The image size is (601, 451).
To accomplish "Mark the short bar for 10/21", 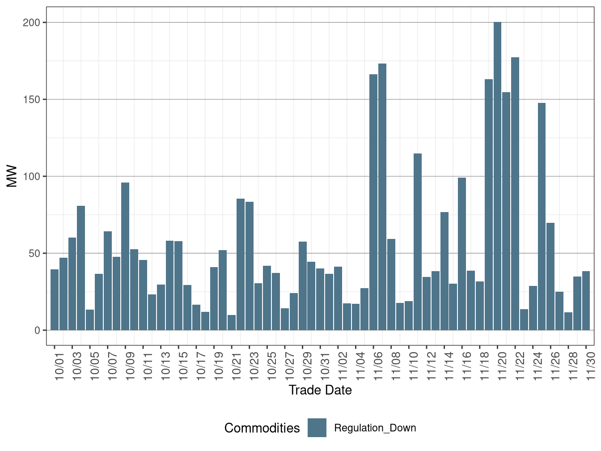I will pyautogui.click(x=232, y=323).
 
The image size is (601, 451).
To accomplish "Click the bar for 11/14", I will pyautogui.click(x=444, y=271).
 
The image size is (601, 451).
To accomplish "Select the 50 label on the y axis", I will pyautogui.click(x=34, y=253).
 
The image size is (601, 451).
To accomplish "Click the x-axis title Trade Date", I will pyautogui.click(x=320, y=390).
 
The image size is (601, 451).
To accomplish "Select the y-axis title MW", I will pyautogui.click(x=12, y=176).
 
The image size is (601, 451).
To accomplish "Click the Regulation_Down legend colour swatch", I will pyautogui.click(x=317, y=428).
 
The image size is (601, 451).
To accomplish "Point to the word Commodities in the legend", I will pyautogui.click(x=262, y=428).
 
